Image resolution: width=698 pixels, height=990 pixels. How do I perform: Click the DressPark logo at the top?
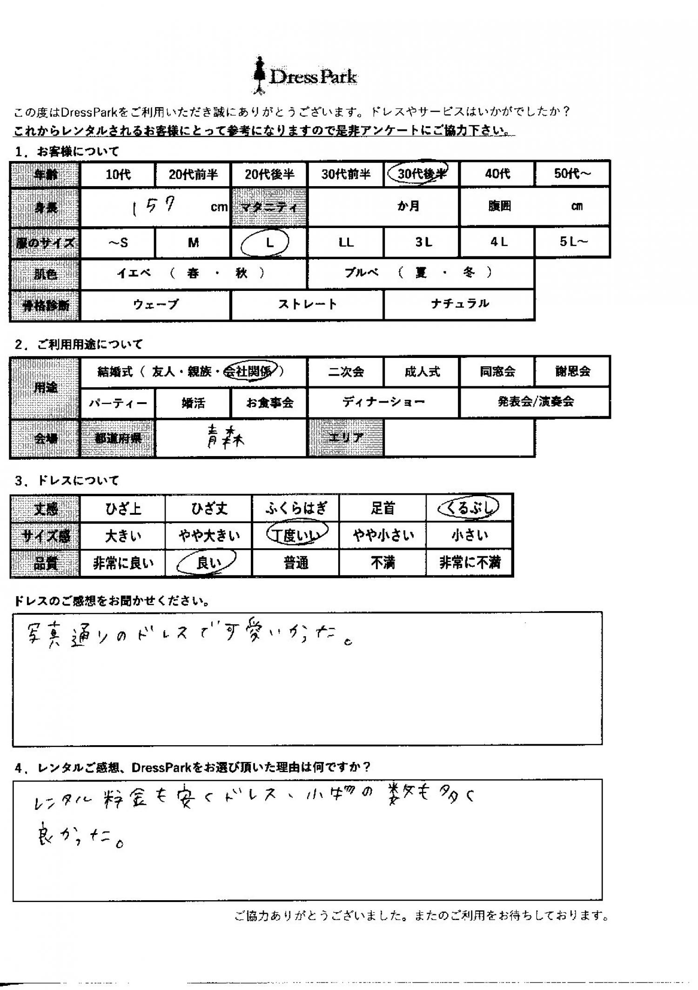coord(305,76)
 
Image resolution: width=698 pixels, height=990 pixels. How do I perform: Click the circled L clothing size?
coord(268,242)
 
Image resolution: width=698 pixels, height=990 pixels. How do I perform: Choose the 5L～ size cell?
coord(573,242)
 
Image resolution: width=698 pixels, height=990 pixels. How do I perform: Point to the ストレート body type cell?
coord(307,304)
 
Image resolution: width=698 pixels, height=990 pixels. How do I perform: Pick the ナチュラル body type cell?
coord(459,304)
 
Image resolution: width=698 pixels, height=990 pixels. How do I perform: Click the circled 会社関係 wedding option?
coord(250,371)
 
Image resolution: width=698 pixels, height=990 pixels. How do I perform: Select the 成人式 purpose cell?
coord(422,371)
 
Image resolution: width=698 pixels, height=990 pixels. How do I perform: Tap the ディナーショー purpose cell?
coord(383,402)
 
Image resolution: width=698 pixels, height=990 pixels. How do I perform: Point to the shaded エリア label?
coord(346,438)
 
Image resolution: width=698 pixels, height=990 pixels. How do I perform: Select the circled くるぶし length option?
coord(469,508)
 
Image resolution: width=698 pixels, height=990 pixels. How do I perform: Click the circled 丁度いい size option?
coord(296,535)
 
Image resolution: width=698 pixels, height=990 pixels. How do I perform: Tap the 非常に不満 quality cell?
coord(470,563)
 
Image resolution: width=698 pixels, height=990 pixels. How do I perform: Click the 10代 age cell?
coord(118,175)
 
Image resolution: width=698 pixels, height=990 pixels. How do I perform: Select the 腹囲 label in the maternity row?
coord(499,206)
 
